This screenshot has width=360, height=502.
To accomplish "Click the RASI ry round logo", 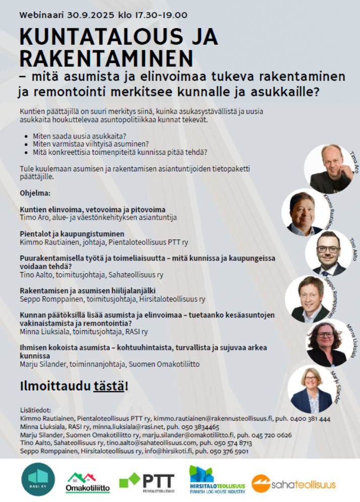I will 38,479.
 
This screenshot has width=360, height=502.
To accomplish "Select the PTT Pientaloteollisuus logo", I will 147,481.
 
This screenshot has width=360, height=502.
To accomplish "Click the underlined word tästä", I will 109,387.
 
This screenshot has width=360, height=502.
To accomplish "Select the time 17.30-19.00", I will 159,15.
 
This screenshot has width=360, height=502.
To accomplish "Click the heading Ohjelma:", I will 35,193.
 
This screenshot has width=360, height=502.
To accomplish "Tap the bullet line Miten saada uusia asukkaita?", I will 79,136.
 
